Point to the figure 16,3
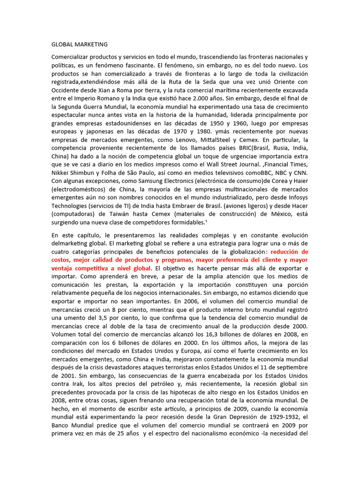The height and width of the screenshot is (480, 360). tap(225, 334)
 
